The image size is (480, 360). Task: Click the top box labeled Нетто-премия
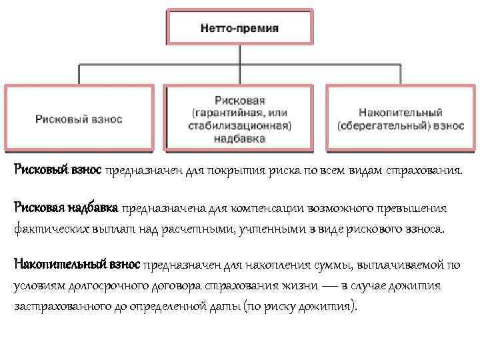click(x=239, y=29)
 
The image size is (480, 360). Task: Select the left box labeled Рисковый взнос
click(x=79, y=119)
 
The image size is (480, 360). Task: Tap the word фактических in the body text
click(x=45, y=229)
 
